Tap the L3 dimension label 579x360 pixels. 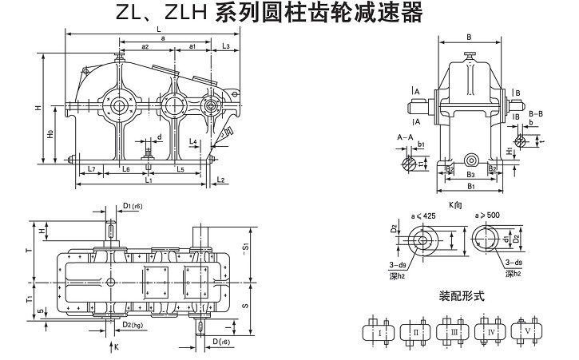(x=227, y=47)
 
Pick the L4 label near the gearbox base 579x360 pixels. (x=193, y=141)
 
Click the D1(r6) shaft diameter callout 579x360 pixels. (x=133, y=207)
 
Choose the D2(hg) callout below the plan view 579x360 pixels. (x=133, y=325)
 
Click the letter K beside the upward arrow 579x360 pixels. (x=116, y=347)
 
